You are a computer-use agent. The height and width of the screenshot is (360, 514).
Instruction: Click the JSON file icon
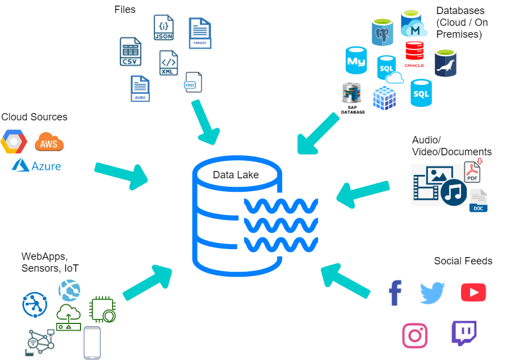163,27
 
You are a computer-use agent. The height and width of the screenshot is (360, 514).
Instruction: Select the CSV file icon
130,52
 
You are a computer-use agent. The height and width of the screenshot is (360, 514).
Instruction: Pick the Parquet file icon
200,33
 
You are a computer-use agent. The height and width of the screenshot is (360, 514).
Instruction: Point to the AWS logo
49,142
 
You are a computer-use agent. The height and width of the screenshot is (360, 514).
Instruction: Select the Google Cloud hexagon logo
14,142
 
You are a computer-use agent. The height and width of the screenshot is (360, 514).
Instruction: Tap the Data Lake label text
235,175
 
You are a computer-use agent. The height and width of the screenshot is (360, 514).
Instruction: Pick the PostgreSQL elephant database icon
382,33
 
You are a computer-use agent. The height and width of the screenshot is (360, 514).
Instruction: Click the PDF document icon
472,171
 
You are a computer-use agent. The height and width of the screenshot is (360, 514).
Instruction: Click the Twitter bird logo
432,292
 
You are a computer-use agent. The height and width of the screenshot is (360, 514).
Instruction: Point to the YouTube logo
473,292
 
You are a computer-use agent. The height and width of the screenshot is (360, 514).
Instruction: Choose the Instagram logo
415,335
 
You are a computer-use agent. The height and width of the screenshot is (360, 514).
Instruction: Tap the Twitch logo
464,333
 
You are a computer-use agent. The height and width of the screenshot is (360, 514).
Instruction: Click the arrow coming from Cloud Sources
121,174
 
